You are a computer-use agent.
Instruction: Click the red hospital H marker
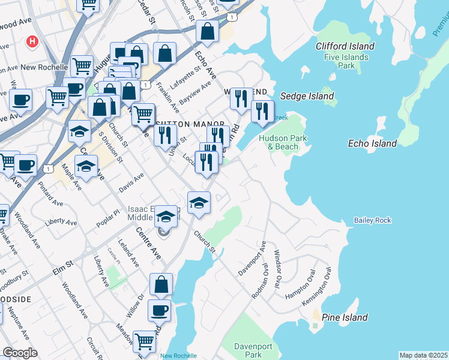(32, 43)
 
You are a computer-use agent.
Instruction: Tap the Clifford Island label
(345, 46)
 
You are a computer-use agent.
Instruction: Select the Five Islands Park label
(348, 62)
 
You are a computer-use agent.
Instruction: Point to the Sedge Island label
(307, 96)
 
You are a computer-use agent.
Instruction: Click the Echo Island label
(372, 143)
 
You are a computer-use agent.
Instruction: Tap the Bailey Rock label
(372, 221)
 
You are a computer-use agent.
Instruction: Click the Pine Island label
(344, 317)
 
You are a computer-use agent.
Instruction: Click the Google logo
(20, 353)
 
